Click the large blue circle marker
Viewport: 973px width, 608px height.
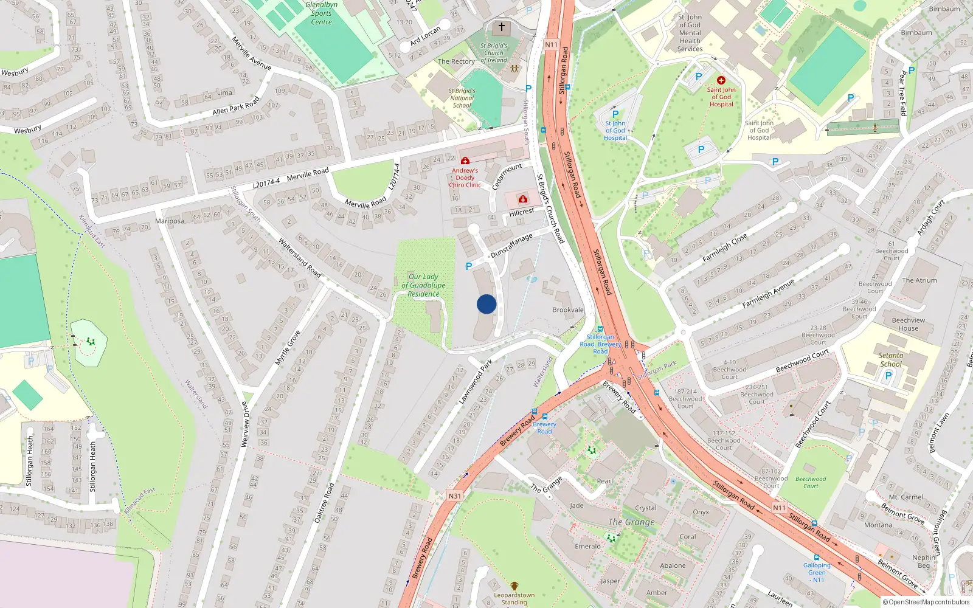486,304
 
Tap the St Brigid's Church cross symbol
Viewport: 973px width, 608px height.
502,27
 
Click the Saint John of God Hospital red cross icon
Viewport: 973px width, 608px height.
721,80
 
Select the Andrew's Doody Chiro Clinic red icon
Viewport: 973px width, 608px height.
465,161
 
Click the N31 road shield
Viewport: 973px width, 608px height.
455,496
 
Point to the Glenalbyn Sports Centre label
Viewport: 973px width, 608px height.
321,13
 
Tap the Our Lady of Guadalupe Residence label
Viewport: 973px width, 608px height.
423,285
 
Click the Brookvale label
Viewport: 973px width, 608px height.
568,310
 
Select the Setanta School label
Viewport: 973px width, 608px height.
891,360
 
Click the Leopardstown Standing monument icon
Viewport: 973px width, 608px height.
514,586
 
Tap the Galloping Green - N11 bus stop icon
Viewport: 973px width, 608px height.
816,557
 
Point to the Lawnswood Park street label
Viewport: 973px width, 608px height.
476,382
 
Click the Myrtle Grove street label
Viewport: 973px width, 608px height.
288,348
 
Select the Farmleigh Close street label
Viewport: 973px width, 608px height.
724,248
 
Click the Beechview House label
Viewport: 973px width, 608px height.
909,324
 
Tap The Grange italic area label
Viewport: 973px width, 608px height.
632,522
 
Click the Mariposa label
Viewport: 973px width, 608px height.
170,221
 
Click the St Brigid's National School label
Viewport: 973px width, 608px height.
462,98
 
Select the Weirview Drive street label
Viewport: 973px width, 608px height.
245,424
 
